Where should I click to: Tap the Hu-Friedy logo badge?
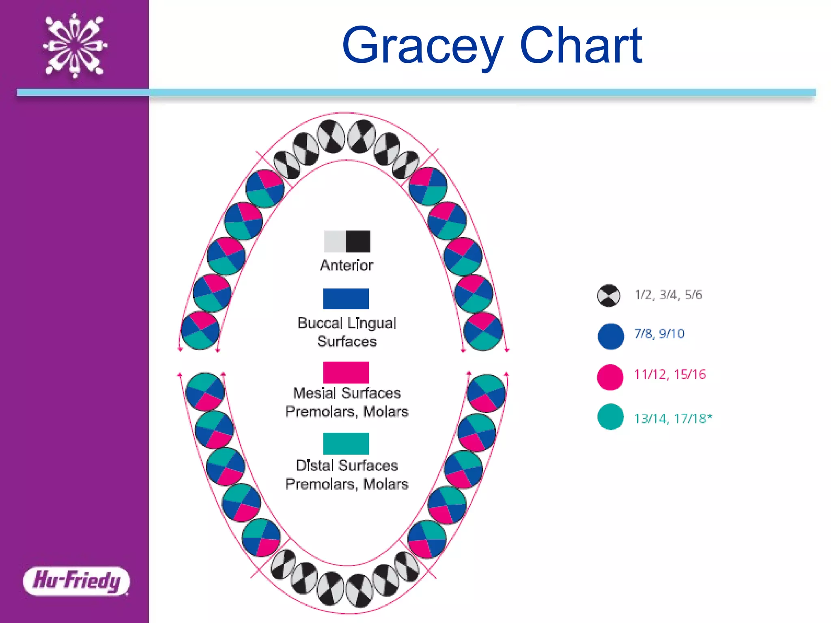(76, 581)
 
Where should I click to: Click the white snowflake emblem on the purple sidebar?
(75, 45)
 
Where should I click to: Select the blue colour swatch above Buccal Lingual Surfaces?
(346, 299)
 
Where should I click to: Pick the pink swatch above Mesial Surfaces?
(346, 372)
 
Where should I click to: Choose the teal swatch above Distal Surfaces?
(346, 443)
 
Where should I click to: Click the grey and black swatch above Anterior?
(347, 241)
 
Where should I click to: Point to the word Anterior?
(347, 265)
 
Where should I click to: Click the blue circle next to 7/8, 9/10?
(611, 336)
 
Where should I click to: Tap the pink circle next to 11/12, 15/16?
(610, 377)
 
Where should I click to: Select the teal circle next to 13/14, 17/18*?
(610, 417)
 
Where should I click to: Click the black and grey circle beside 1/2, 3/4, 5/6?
(609, 295)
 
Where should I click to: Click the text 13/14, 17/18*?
(673, 418)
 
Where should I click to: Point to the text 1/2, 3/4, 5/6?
(668, 295)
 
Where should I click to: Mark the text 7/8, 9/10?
(659, 334)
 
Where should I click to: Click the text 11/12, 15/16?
(670, 374)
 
